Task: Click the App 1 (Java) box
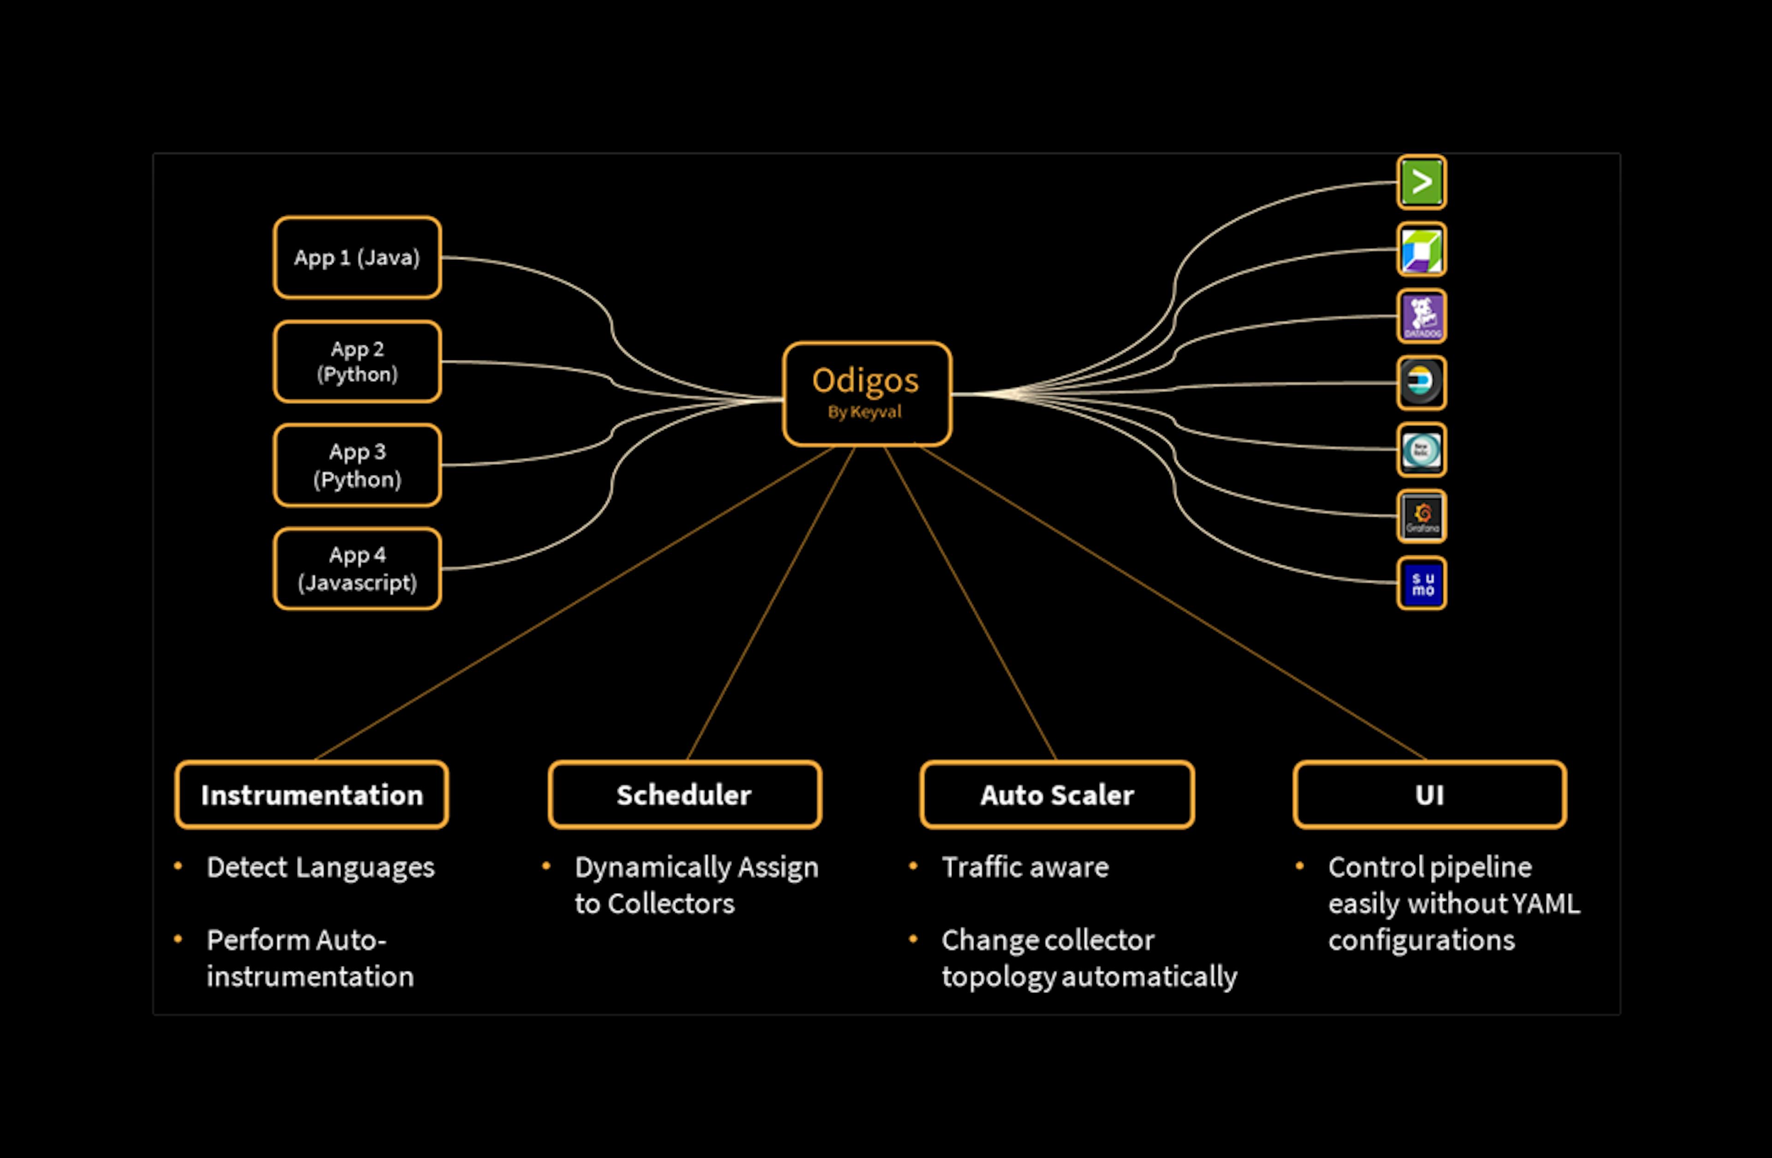tap(357, 258)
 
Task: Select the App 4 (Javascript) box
tap(357, 569)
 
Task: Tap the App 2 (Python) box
tap(357, 362)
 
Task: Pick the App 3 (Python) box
tap(357, 465)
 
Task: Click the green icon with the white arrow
tap(1421, 182)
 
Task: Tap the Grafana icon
tap(1421, 516)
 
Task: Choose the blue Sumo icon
tap(1421, 583)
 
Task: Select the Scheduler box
tap(684, 795)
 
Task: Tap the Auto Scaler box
tap(1057, 795)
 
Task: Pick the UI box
tap(1430, 795)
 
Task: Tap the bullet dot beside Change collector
tap(913, 939)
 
